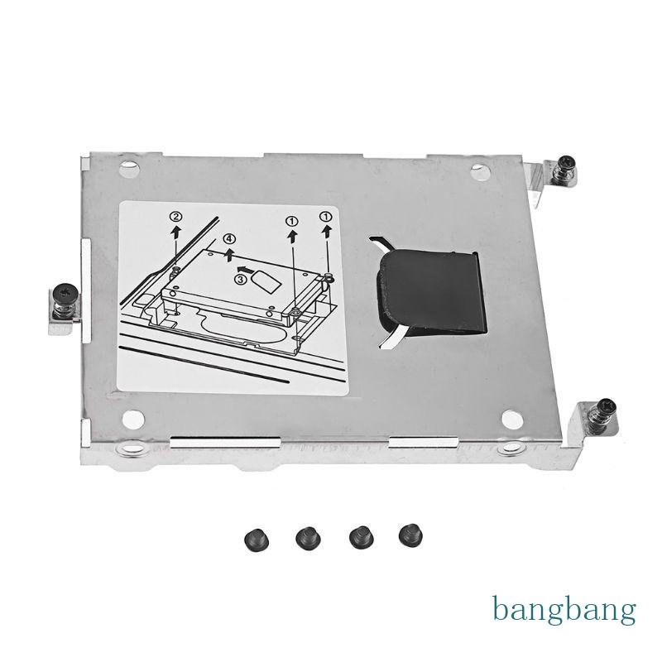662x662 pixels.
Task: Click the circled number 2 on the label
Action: click(175, 218)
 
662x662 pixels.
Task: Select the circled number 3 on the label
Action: click(240, 280)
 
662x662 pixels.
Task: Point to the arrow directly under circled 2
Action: click(175, 233)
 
